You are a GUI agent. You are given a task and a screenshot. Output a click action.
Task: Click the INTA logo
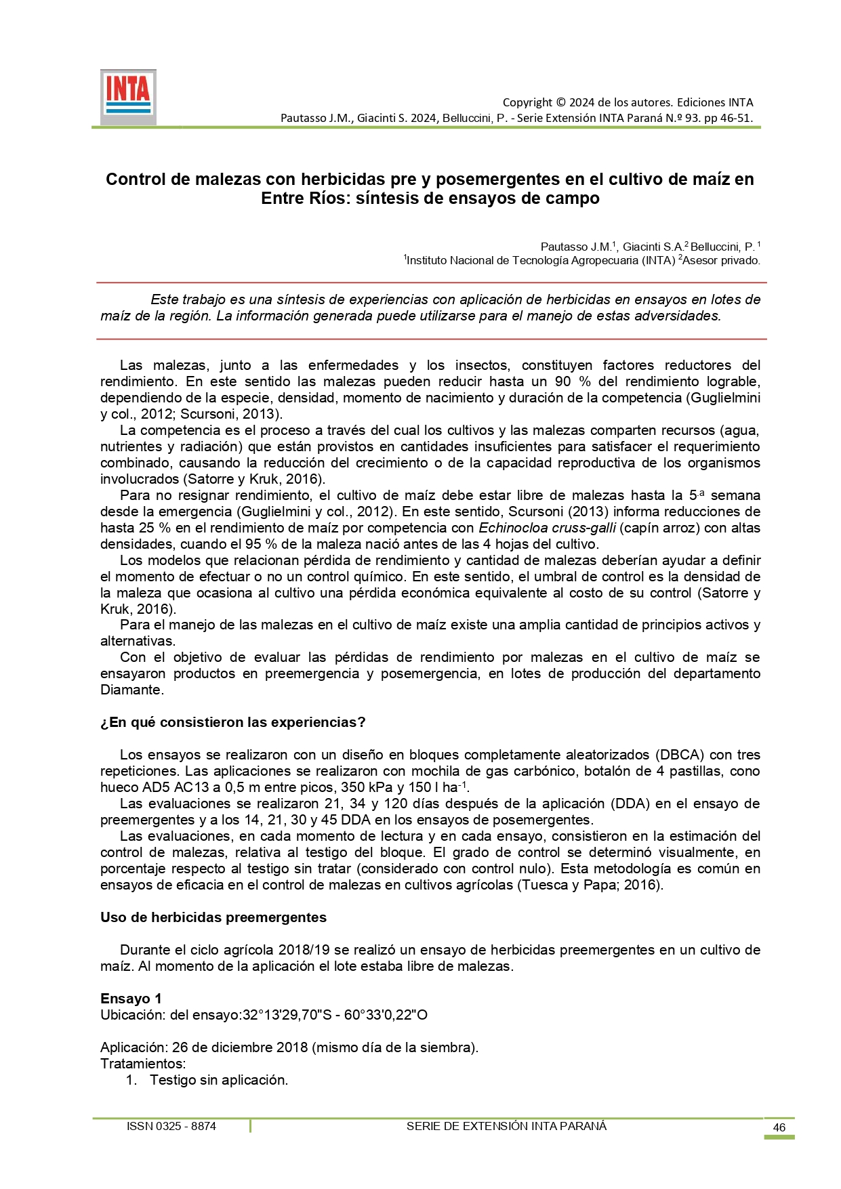(128, 96)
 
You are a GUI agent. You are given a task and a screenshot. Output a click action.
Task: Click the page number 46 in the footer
(779, 1127)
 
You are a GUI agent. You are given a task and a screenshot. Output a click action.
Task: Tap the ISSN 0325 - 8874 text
(171, 1126)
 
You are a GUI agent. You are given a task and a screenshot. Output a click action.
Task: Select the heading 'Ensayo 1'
(131, 999)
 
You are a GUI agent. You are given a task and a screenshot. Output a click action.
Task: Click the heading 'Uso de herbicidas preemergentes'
(213, 917)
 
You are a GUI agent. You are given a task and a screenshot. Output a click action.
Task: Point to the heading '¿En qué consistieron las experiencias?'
(233, 722)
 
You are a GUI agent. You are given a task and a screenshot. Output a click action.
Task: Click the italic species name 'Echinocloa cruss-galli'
(547, 528)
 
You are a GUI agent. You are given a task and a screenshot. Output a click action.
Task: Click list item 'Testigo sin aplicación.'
(219, 1080)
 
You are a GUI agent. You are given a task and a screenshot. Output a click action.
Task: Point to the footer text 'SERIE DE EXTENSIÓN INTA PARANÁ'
(506, 1126)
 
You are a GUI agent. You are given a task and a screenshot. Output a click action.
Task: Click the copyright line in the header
(628, 102)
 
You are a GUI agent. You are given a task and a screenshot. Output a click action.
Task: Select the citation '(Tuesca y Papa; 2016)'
(590, 885)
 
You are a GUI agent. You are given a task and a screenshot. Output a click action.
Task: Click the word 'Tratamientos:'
(143, 1064)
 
